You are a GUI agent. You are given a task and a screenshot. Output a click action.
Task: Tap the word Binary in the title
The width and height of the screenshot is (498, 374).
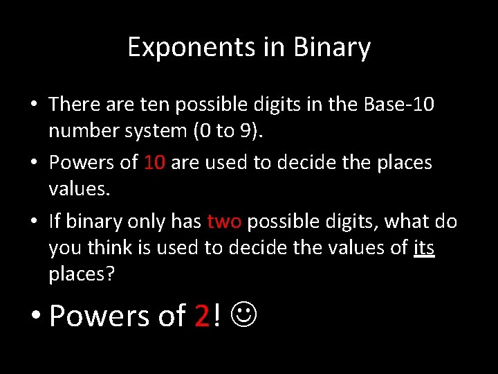(332, 48)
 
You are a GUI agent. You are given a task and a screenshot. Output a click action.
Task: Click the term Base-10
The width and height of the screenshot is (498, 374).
(396, 105)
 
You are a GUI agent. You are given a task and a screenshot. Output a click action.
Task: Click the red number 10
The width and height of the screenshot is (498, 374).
(154, 163)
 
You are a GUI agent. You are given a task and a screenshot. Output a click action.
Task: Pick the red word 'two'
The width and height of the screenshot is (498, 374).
(224, 222)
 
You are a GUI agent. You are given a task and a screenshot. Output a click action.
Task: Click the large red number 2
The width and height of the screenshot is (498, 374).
(202, 316)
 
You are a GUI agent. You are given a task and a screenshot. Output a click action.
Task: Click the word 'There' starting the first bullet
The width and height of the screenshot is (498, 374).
(75, 105)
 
